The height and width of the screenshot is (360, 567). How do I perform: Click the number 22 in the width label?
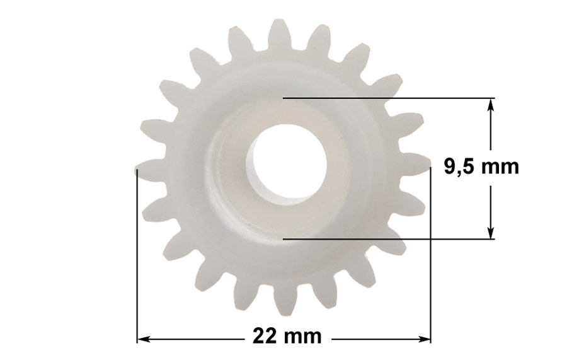266,336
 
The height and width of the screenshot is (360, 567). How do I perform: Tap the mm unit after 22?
302,337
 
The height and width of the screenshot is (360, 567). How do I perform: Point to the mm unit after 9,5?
500,168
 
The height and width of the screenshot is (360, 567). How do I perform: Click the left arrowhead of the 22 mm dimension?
144,339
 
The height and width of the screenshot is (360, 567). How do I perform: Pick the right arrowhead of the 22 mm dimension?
424,339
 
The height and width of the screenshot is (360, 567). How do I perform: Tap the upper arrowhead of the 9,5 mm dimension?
490,105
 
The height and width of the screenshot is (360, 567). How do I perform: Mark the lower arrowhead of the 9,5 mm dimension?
490,233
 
